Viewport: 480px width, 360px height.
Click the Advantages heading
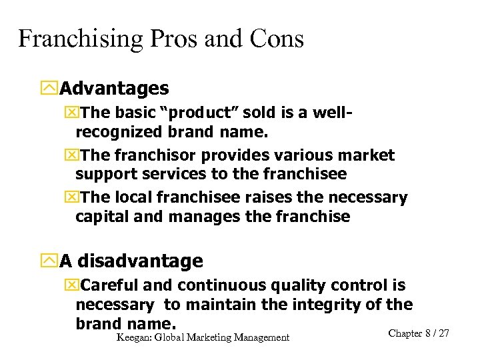click(x=114, y=88)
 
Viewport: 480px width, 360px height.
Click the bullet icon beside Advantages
click(x=49, y=88)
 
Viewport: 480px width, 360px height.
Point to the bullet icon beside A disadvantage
click(x=49, y=261)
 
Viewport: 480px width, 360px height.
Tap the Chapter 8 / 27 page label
click(x=418, y=333)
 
